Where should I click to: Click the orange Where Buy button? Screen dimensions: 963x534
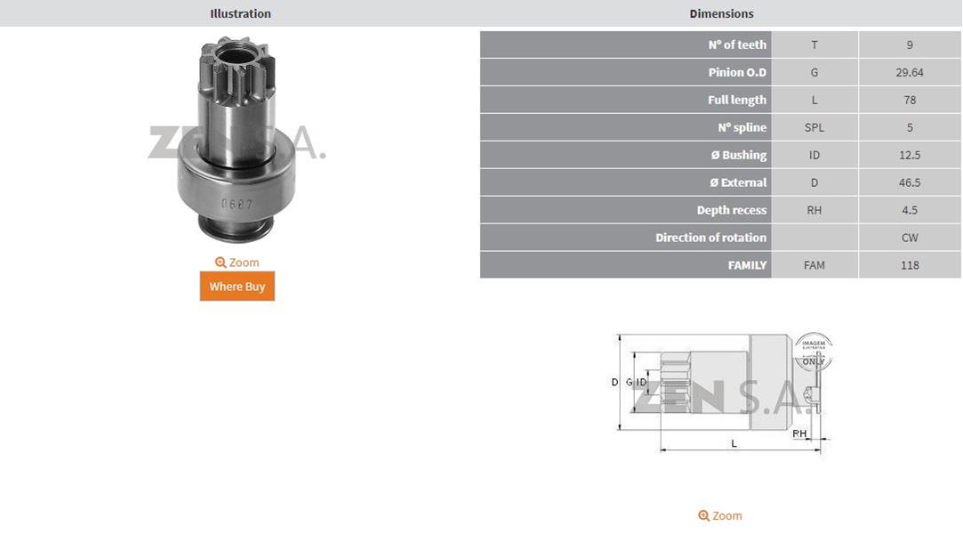(x=237, y=287)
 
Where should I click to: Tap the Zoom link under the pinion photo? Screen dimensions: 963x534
(x=237, y=263)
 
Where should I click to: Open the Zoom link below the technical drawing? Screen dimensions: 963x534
(x=719, y=515)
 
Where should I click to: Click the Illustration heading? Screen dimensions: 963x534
(x=240, y=13)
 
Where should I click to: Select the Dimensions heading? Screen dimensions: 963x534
(x=721, y=13)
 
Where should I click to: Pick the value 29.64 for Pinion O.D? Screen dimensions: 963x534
(x=910, y=72)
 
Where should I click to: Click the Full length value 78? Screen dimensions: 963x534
(x=910, y=101)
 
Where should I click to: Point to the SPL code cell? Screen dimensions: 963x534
(x=815, y=127)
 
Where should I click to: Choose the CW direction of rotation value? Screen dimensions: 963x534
(x=910, y=238)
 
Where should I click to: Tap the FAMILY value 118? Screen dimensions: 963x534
(x=910, y=265)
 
